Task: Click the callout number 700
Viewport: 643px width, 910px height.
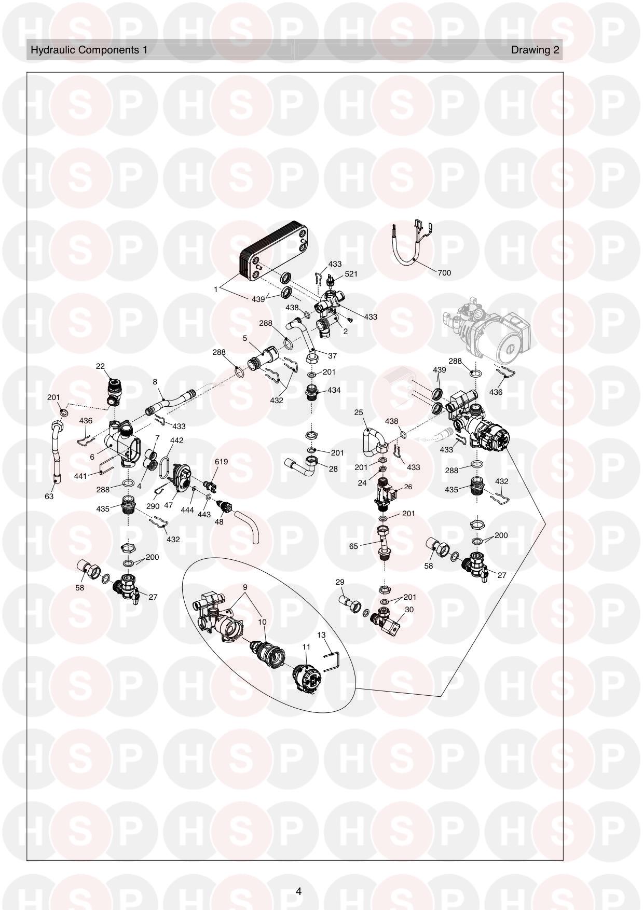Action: point(444,273)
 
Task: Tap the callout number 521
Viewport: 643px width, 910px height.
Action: point(351,274)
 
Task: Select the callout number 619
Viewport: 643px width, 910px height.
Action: point(221,461)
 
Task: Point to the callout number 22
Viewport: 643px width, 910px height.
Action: point(100,366)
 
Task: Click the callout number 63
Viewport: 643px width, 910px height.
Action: point(49,496)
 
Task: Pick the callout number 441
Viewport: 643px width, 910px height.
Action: point(80,476)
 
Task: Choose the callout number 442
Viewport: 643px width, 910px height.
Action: point(176,440)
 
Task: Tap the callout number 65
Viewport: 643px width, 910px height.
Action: point(353,546)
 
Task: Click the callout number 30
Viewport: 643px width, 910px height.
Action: point(409,610)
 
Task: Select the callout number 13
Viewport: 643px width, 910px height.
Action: point(321,635)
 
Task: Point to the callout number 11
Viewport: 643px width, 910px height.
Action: point(306,647)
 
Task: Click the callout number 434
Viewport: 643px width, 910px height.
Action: point(334,390)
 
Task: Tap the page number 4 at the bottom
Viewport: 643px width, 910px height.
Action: point(298,892)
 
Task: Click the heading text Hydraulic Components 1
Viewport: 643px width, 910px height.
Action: point(89,50)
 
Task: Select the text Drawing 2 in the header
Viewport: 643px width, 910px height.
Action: point(535,50)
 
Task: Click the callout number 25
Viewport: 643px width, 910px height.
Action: point(359,412)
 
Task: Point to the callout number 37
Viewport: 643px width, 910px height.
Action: point(333,356)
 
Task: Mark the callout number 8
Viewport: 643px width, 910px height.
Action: point(155,382)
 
